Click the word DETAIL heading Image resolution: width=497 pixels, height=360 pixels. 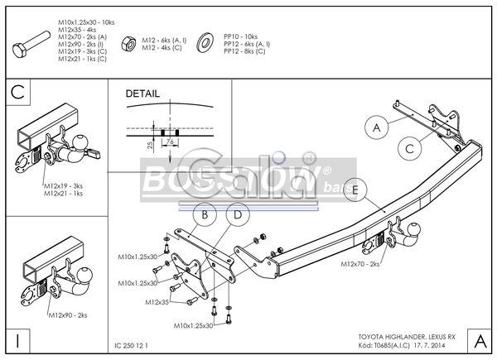[x=142, y=94]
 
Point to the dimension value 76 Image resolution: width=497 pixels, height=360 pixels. [x=169, y=142]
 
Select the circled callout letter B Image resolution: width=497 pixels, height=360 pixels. [x=204, y=217]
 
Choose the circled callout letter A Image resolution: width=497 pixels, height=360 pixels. [x=377, y=128]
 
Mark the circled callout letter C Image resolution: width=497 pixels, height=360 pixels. [x=408, y=149]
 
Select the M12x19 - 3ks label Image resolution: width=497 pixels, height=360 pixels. [x=65, y=186]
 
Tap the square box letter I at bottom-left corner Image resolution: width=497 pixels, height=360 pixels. [x=17, y=340]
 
